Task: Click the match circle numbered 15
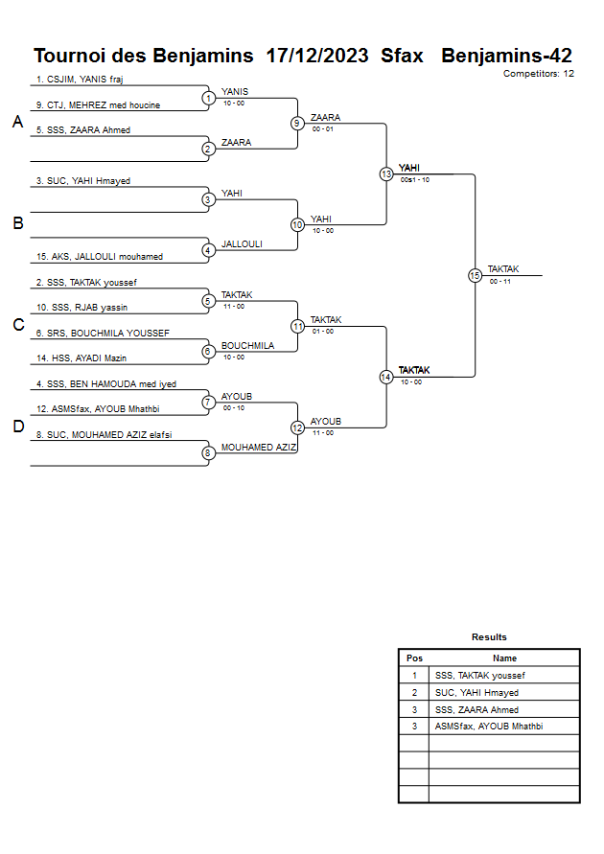tap(475, 275)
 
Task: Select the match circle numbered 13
tap(386, 174)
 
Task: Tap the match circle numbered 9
tap(297, 123)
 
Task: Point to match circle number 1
tap(208, 98)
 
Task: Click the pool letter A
tap(17, 123)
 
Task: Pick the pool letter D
tap(17, 427)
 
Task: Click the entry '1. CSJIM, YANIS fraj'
tap(80, 80)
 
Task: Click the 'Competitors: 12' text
tap(539, 73)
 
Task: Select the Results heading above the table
tap(489, 637)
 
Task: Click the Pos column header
tap(414, 658)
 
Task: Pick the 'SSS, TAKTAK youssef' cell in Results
tap(479, 676)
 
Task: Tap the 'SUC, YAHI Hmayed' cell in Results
tap(476, 693)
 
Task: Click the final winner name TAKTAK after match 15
tap(503, 269)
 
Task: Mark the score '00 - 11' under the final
tap(499, 282)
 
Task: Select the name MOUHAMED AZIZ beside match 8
tap(259, 448)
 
